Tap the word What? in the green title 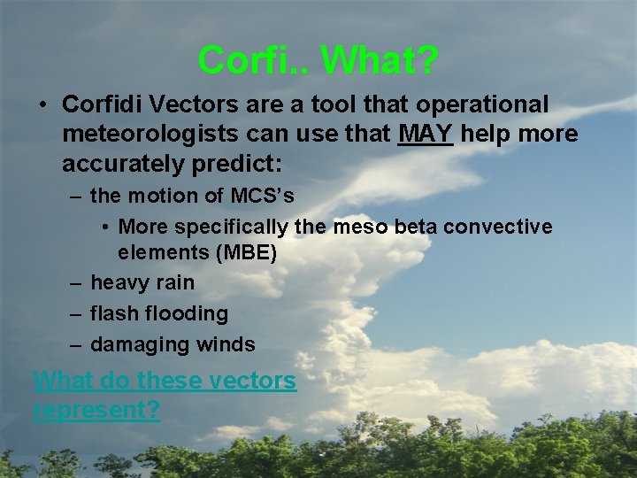(x=380, y=60)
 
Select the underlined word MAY (x=426, y=134)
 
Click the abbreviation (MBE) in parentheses (x=245, y=253)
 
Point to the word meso (x=360, y=227)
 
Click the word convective (x=498, y=227)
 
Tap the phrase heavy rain (x=142, y=283)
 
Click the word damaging (x=137, y=344)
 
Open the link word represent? (x=96, y=411)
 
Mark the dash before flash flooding (x=75, y=314)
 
